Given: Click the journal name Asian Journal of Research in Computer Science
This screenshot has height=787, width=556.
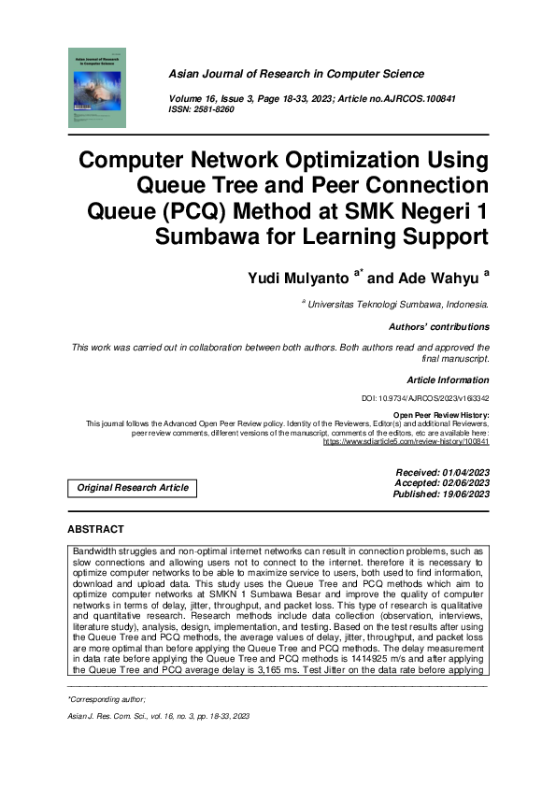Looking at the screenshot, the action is (x=296, y=74).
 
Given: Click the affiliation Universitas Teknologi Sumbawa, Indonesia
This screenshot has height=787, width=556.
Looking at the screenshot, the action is (x=398, y=304).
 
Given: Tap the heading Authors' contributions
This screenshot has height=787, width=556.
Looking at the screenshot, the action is (x=438, y=327).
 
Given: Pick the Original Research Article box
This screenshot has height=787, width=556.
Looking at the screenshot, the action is (x=133, y=487).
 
